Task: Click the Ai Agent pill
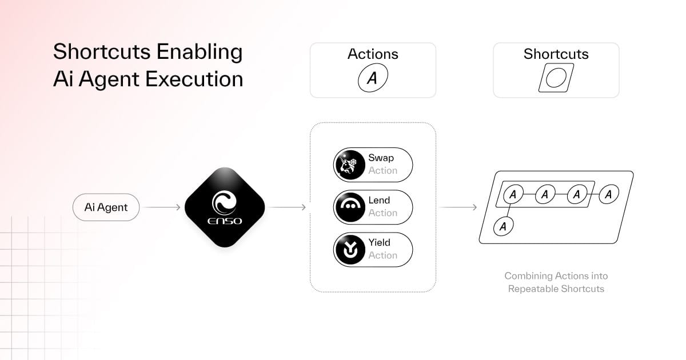coord(106,207)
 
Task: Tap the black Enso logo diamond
coord(225,207)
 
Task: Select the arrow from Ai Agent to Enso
coord(162,207)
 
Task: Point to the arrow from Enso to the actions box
coord(287,207)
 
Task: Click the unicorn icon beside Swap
coord(350,165)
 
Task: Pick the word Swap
coord(381,158)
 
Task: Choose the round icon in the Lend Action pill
coord(350,207)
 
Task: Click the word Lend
coord(379,200)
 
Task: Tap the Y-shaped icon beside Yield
coord(350,250)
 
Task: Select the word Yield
coord(379,242)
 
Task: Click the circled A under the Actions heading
coord(373,78)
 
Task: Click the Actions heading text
coord(373,54)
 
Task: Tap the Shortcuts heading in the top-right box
coord(556,54)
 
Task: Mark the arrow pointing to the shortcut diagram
coord(458,207)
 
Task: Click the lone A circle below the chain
coord(503,226)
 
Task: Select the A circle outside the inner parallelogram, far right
coord(608,194)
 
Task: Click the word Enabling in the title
coord(200,52)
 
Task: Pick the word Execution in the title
coord(194,79)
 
